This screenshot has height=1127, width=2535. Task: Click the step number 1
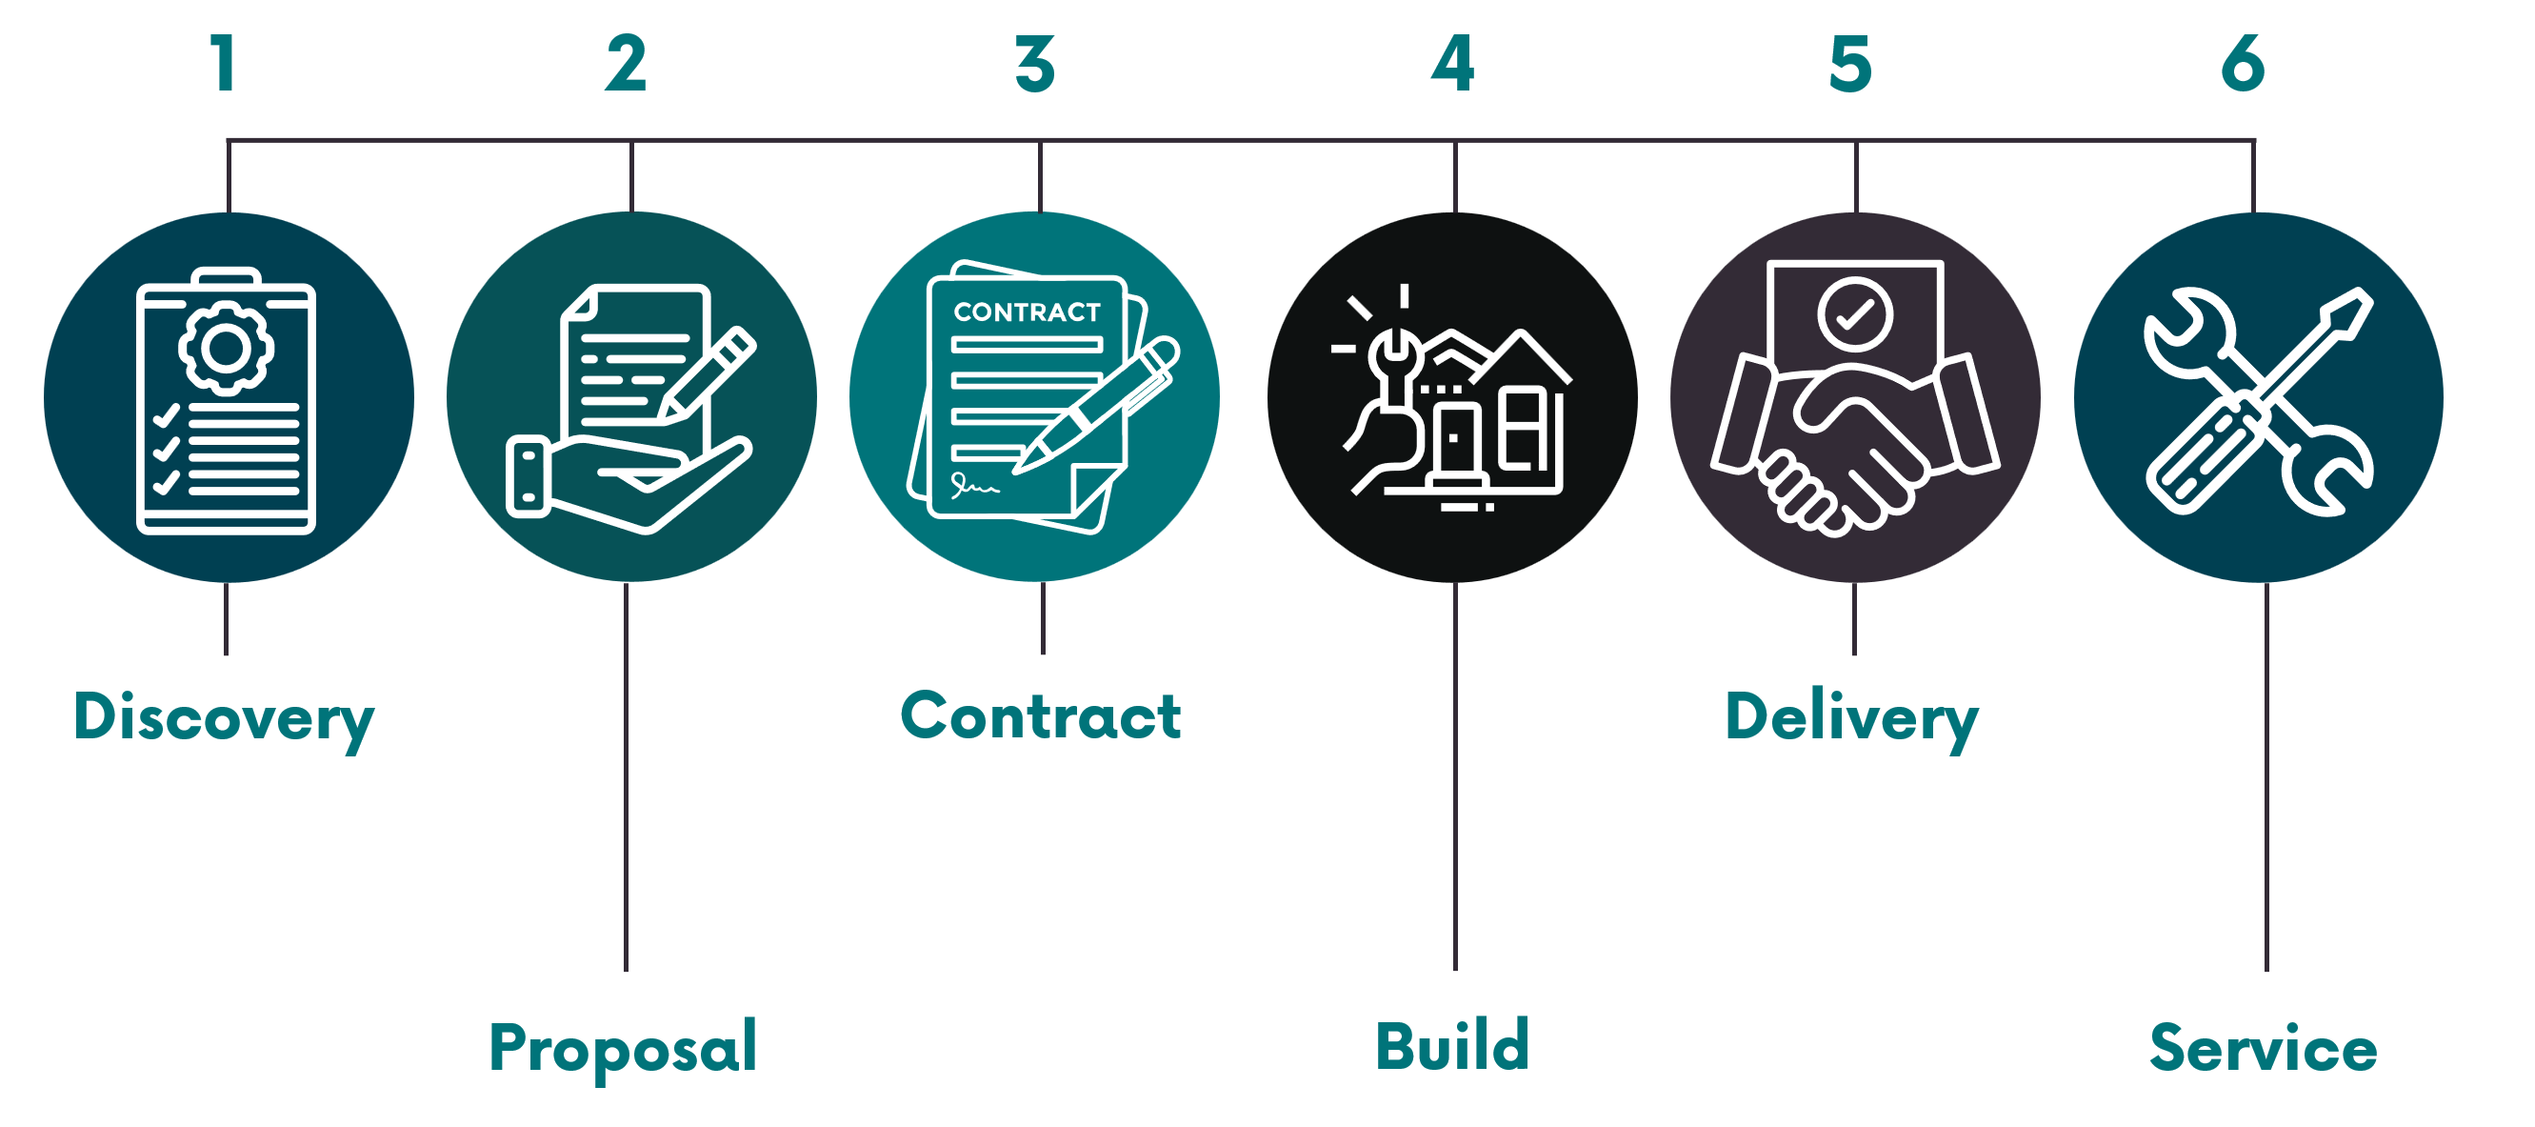pos(225,64)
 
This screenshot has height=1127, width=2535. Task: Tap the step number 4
pos(1452,64)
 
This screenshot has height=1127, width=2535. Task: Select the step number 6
pos(2244,64)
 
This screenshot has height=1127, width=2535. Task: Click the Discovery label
pos(225,718)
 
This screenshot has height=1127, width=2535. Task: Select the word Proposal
pos(624,1048)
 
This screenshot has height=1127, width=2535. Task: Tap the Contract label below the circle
pos(1041,715)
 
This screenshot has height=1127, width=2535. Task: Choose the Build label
pos(1452,1045)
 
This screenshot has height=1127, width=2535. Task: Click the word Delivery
pos(1852,718)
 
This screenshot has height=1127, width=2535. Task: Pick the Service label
pos(2264,1047)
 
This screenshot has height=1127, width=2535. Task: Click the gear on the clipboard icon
pos(227,348)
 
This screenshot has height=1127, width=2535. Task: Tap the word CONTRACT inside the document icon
pos(1027,312)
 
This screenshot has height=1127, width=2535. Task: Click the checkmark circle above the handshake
pos(1855,314)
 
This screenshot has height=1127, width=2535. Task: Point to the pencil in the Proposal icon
pos(707,374)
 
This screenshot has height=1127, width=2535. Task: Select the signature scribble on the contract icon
pos(973,484)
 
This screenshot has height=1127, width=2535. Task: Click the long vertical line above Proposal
pos(626,777)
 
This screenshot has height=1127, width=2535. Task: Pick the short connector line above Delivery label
pos(1854,619)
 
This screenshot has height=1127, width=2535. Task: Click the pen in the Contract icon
pos(1095,406)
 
